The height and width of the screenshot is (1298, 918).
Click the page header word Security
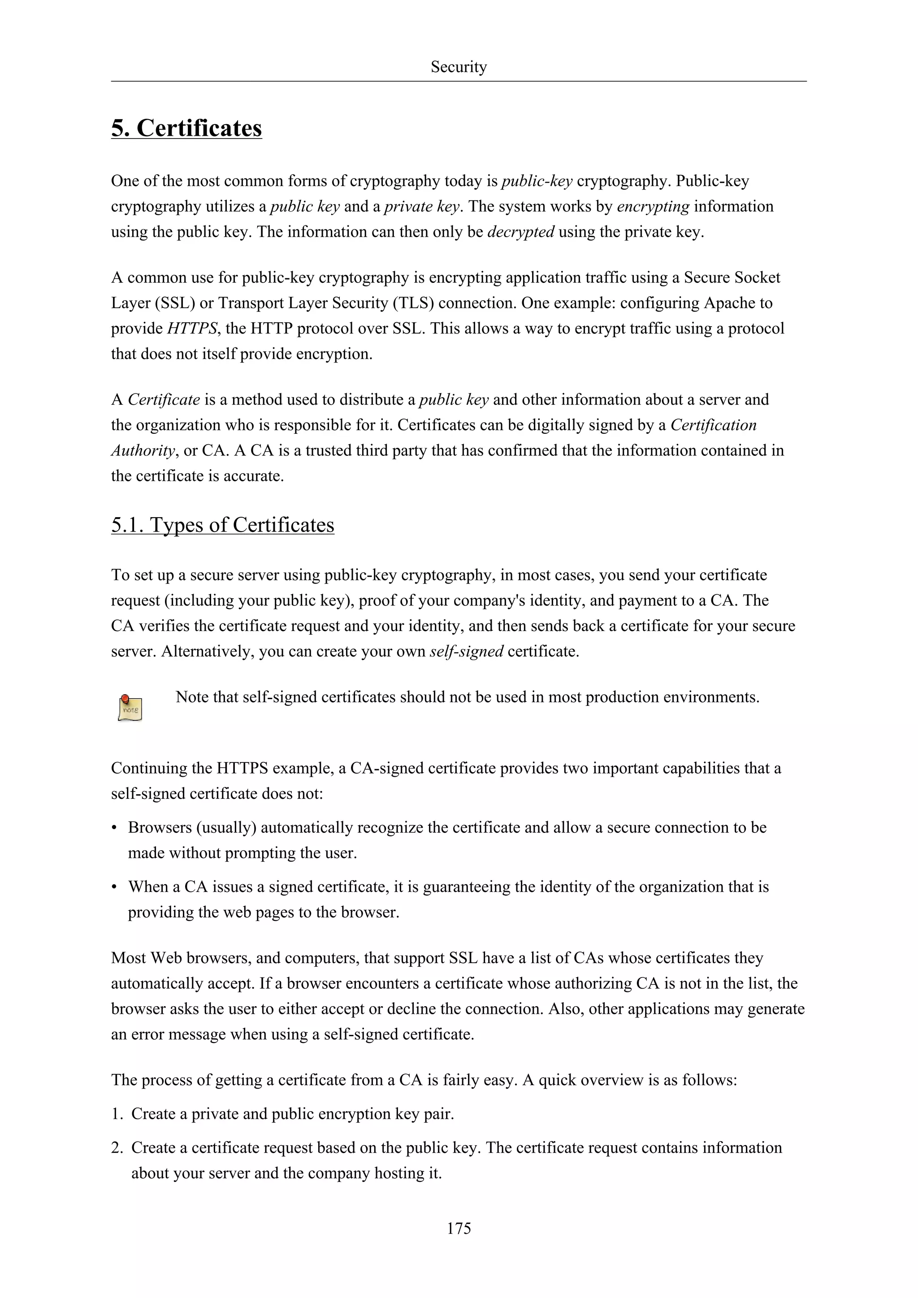click(459, 67)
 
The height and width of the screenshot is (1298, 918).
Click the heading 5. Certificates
click(186, 128)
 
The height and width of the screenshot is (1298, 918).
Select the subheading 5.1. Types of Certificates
click(223, 525)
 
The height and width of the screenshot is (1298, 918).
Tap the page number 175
click(459, 1228)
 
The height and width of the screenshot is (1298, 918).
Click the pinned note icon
click(130, 708)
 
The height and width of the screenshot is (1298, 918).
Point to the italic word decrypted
click(520, 232)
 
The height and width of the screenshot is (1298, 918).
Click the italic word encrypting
click(653, 206)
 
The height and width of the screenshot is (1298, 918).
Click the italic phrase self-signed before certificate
click(466, 651)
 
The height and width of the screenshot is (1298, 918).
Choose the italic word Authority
click(143, 450)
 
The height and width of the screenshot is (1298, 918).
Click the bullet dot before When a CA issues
click(115, 887)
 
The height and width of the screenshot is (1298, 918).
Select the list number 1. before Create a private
click(117, 1114)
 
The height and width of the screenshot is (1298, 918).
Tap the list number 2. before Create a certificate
click(117, 1147)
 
